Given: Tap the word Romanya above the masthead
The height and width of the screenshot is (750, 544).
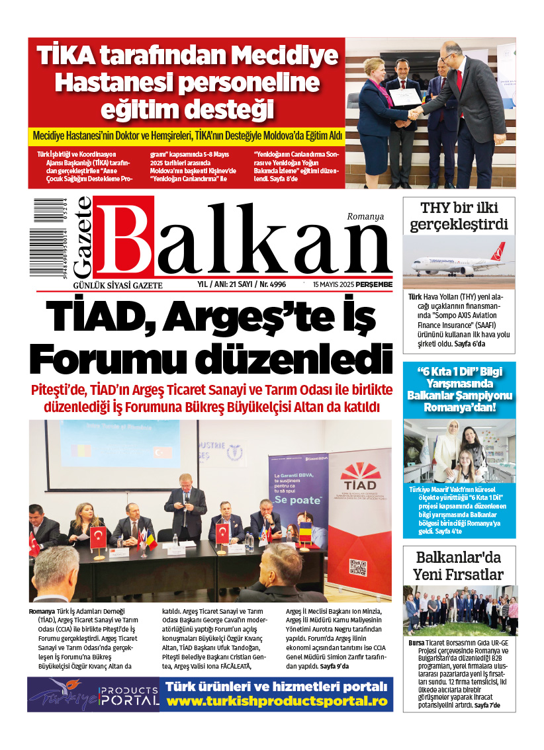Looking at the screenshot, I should click(x=365, y=216).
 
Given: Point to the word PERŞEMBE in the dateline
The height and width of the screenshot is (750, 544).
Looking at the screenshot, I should click(x=374, y=284).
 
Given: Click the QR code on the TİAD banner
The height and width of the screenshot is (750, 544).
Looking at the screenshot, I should click(x=358, y=567).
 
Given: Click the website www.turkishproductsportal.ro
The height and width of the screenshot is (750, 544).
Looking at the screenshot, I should click(x=276, y=701).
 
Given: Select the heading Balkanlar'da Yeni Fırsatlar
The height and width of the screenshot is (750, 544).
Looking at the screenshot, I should click(x=459, y=565).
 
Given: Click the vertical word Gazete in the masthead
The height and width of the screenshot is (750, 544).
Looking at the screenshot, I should click(x=82, y=237).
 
